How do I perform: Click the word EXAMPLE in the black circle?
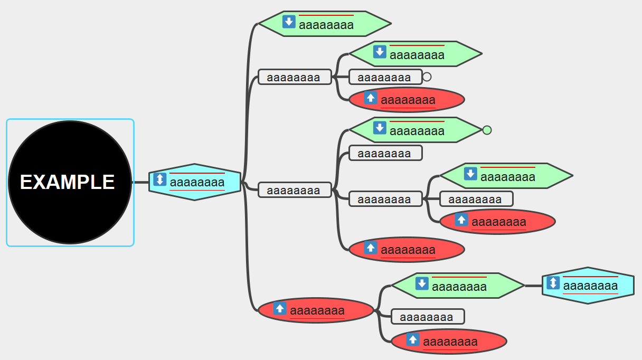tap(68, 182)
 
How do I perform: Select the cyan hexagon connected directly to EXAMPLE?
tap(195, 182)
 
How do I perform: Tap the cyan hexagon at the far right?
tap(588, 286)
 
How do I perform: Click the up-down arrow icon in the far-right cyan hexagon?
tap(553, 283)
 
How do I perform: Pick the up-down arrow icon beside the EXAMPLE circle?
tap(160, 179)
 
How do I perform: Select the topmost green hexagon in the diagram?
tap(325, 24)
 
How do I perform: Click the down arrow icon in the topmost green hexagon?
tap(289, 22)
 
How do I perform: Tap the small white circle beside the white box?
tap(427, 77)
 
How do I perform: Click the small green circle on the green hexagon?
tap(487, 130)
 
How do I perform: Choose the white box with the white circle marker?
tap(385, 77)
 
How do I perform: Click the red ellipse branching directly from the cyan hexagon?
tap(316, 310)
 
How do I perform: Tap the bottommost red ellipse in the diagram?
tap(449, 342)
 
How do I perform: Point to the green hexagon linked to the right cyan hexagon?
tap(457, 286)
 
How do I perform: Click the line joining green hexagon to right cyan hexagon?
tap(533, 286)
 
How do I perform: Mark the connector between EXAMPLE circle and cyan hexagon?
tap(140, 182)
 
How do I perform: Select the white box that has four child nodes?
tap(295, 190)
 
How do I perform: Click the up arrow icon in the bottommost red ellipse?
tap(413, 340)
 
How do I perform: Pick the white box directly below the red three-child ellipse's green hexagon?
tap(427, 317)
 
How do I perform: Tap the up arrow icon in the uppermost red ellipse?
tap(371, 98)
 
